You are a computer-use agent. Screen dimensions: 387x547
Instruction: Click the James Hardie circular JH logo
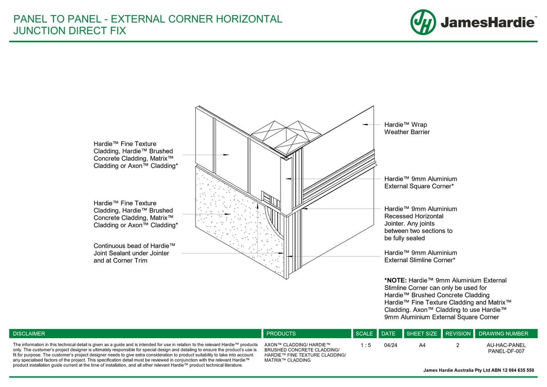[x=423, y=22]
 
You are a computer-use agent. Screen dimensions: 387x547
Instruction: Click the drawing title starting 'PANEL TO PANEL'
[x=148, y=25]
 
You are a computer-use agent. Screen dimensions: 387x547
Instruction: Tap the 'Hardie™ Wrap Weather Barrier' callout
[x=406, y=128]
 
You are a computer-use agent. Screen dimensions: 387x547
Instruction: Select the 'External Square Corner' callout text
[x=420, y=182]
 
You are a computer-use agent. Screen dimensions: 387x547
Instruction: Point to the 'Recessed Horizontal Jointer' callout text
[x=420, y=223]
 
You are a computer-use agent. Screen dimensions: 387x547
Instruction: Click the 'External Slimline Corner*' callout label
[x=420, y=256]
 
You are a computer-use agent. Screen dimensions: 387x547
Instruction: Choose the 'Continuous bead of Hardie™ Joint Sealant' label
[x=131, y=253]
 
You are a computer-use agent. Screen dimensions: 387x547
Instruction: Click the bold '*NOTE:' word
[x=395, y=280]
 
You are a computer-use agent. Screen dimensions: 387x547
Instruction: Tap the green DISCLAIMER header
[x=29, y=334]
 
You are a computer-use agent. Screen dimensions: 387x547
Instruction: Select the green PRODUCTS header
[x=281, y=334]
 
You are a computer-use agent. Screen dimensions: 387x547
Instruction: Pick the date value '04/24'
[x=390, y=345]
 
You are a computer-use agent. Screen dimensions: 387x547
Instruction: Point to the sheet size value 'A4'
[x=422, y=345]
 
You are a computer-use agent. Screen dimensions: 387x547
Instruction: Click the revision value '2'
[x=458, y=345]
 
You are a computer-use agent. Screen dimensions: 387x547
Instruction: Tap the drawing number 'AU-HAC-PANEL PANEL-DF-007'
[x=506, y=348]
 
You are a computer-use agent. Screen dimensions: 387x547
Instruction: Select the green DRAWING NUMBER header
[x=504, y=334]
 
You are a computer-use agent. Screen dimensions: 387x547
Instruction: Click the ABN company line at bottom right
[x=478, y=370]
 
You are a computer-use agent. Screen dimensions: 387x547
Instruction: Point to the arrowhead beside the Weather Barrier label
[x=365, y=124]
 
